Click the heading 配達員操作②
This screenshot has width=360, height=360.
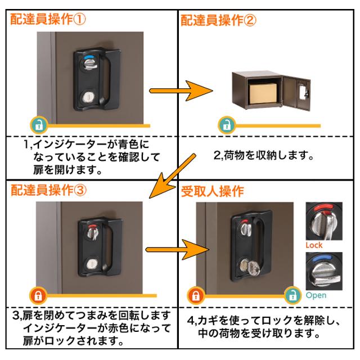pyautogui.click(x=219, y=20)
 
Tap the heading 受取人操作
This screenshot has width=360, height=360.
pyautogui.click(x=211, y=191)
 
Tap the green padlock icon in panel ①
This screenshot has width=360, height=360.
pyautogui.click(x=38, y=124)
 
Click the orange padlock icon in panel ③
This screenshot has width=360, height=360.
pyautogui.click(x=38, y=294)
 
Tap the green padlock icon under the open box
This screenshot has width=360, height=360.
pyautogui.click(x=226, y=124)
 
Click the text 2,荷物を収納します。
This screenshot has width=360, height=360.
pyautogui.click(x=263, y=153)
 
